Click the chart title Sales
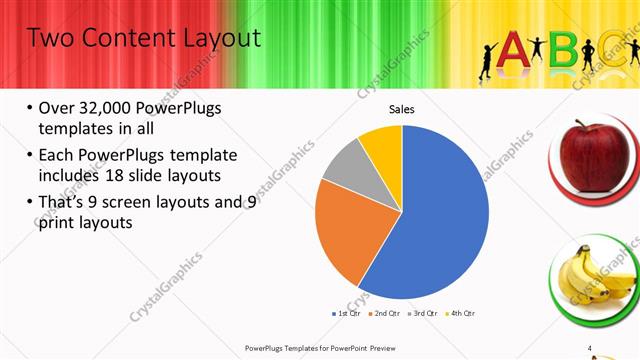pos(401,109)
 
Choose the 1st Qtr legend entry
pos(347,314)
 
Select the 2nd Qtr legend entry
pos(386,314)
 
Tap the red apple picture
pos(596,155)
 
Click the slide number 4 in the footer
pos(590,347)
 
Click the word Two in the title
pos(49,38)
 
